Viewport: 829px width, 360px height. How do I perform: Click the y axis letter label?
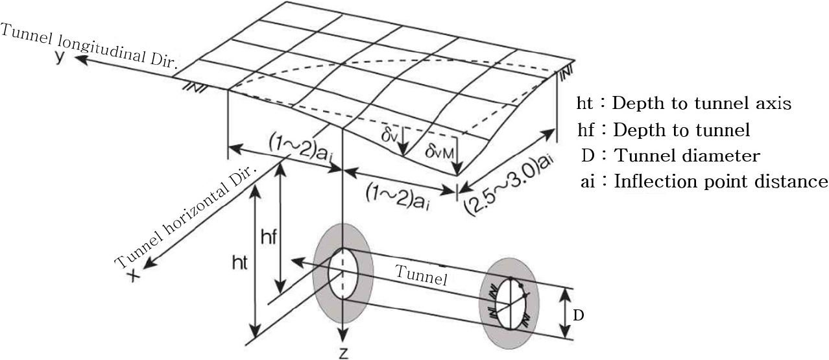click(x=60, y=56)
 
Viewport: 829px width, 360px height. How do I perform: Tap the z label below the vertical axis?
click(x=343, y=353)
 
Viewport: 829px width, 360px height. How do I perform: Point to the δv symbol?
click(x=390, y=136)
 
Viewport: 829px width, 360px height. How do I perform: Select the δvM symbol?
click(x=439, y=151)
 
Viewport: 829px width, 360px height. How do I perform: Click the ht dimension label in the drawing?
click(x=239, y=263)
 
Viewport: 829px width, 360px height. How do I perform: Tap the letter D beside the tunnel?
click(x=578, y=315)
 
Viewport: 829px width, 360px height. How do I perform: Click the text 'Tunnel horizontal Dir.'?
click(x=186, y=217)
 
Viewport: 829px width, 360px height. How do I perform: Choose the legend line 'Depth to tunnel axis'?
click(x=701, y=103)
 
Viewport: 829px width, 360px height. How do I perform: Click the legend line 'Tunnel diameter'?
click(x=687, y=156)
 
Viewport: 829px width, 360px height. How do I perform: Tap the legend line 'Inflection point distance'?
click(x=721, y=181)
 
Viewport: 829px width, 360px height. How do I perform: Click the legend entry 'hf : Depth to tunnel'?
click(x=664, y=130)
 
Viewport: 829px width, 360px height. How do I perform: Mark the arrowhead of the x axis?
click(x=149, y=263)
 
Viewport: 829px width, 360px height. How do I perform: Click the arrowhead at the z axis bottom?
click(x=343, y=335)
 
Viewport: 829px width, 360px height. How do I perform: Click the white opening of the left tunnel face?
click(x=343, y=274)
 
